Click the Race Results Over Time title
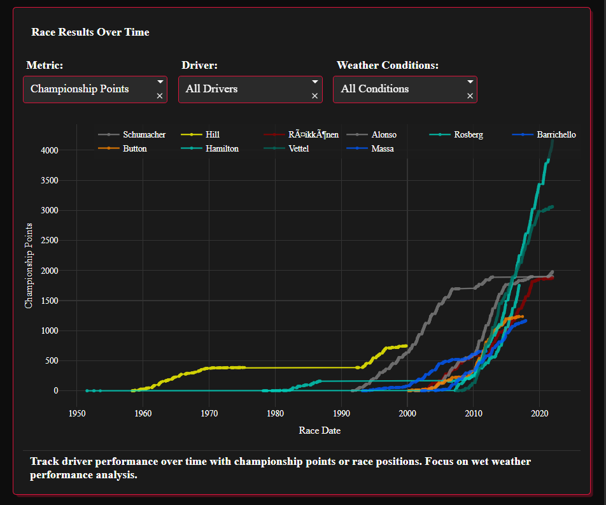pos(90,32)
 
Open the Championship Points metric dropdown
pos(89,89)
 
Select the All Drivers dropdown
pos(244,89)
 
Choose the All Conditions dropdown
pos(400,89)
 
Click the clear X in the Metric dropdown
pos(160,96)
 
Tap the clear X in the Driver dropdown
pos(314,96)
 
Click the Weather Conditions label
pos(387,66)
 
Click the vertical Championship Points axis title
pos(29,265)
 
